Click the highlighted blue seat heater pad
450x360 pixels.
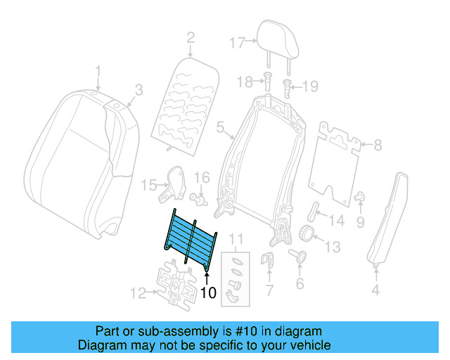click(190, 238)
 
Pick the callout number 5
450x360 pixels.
click(219, 129)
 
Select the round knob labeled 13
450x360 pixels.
click(307, 234)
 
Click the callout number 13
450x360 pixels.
click(332, 246)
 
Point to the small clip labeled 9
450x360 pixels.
click(359, 198)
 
